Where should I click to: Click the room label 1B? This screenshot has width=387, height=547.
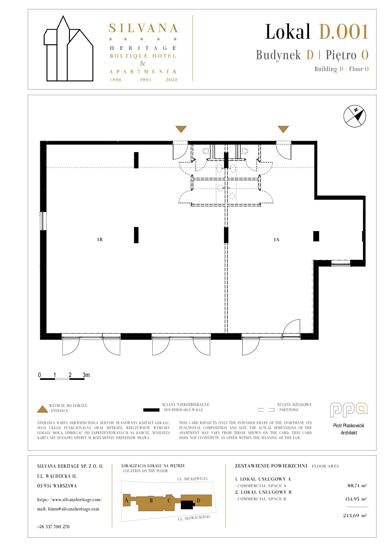pos(100,240)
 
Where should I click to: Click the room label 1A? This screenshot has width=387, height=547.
pos(276,240)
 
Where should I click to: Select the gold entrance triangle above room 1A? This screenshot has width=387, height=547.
pos(283,129)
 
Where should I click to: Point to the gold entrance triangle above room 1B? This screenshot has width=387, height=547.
pos(181,129)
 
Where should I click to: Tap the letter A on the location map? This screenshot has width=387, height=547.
pos(126,501)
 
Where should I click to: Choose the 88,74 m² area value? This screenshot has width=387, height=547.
pos(357,486)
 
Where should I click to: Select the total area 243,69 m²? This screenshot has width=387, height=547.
pos(355,516)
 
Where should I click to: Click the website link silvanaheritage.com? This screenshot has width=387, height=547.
pos(69,500)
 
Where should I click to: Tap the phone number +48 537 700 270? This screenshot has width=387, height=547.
pos(53,527)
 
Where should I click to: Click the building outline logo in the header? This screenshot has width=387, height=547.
pos(68,49)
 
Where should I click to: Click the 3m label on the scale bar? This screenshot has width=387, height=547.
pos(86,375)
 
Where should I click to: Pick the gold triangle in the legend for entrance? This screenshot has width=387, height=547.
pos(42,409)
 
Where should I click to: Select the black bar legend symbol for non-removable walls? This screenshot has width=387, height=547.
pos(151,410)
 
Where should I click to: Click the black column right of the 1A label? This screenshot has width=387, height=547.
pos(316,236)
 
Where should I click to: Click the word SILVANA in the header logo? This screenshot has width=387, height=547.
pos(143,28)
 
